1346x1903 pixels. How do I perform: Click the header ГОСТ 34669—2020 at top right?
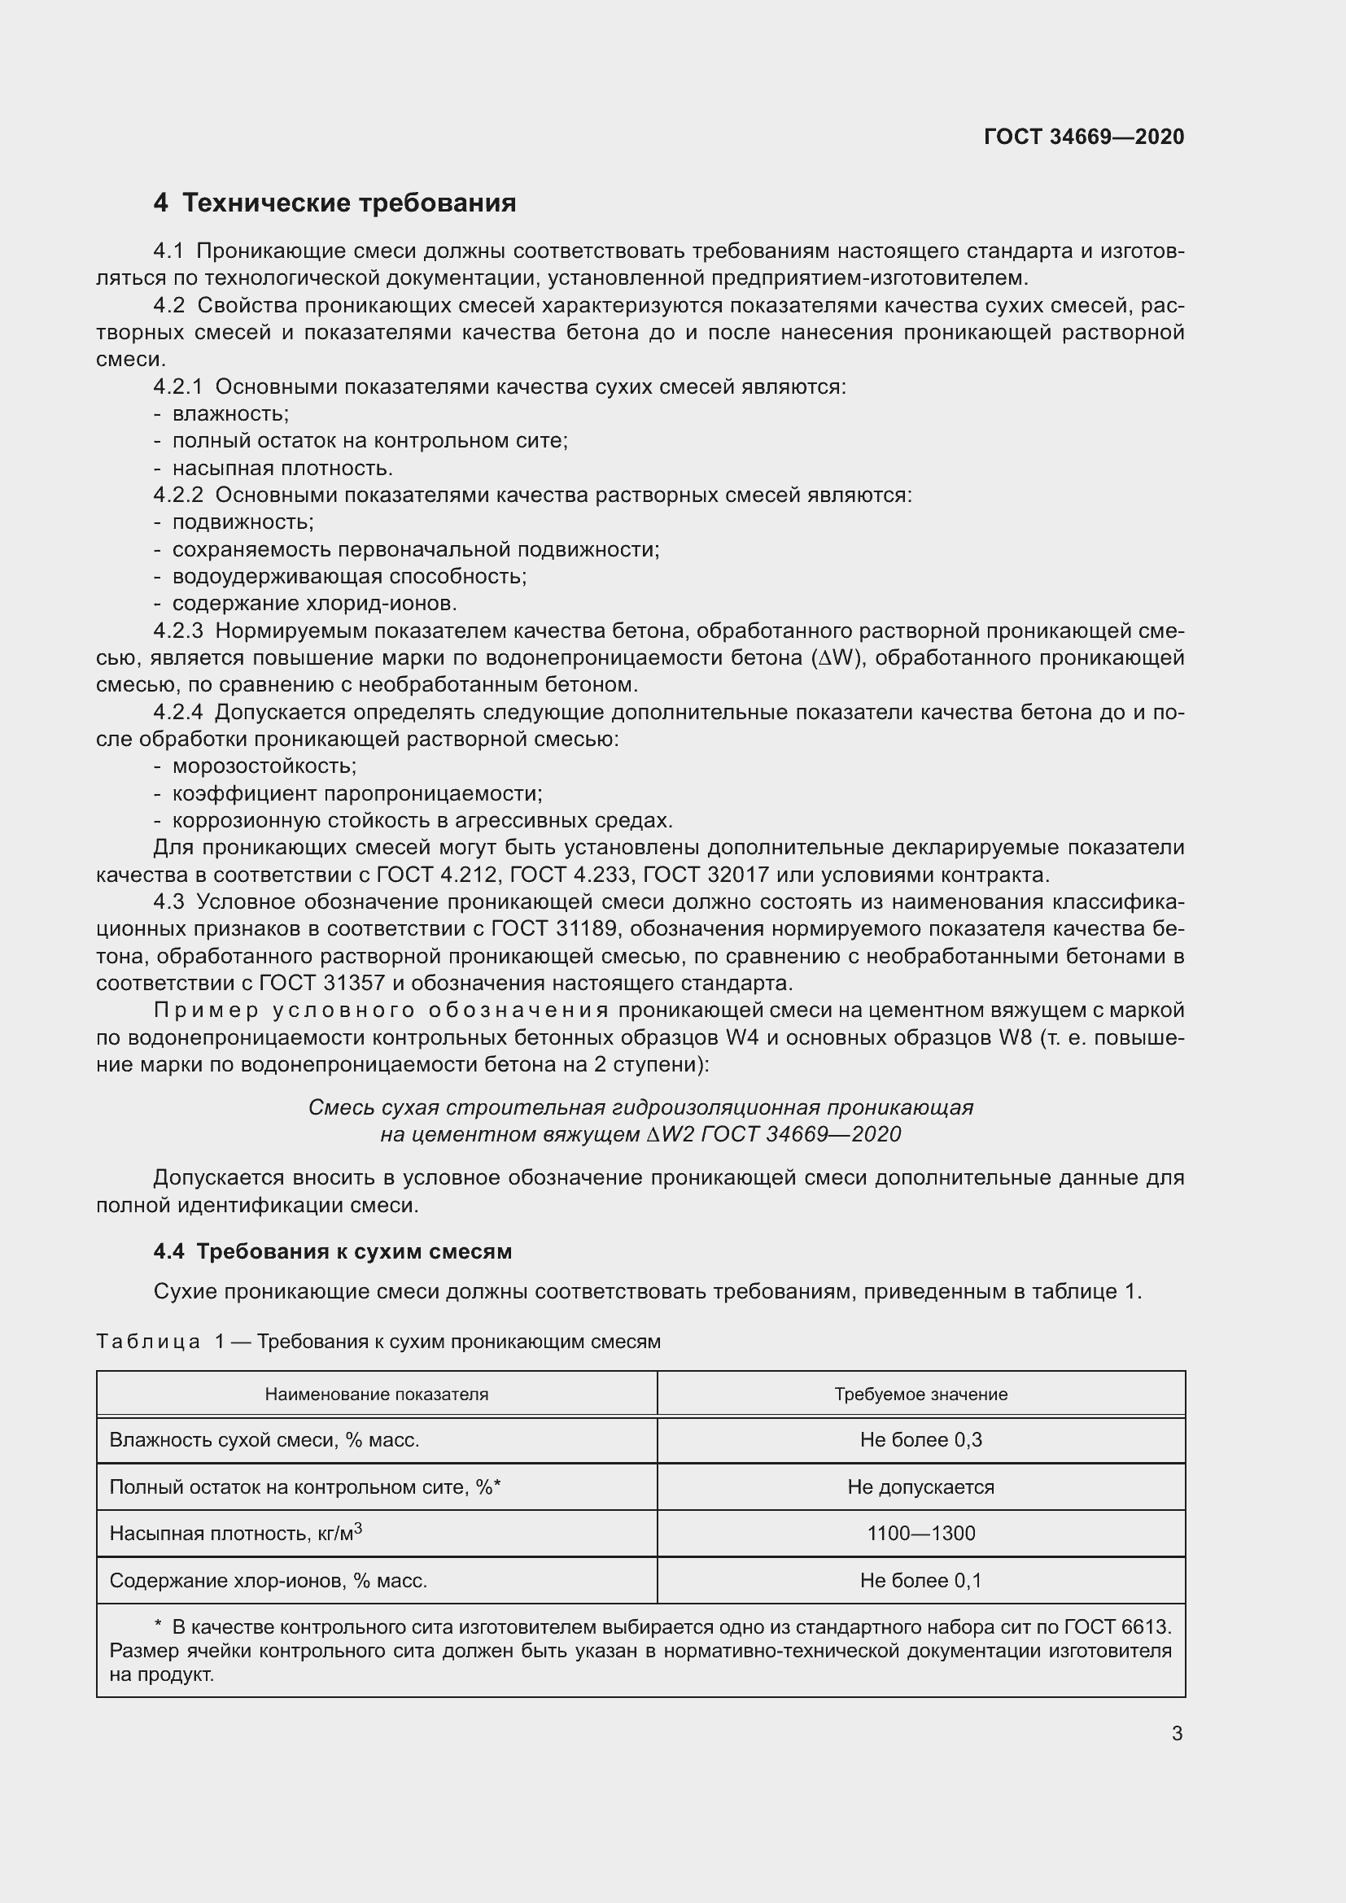[1083, 137]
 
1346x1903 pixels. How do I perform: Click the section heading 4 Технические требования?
[334, 203]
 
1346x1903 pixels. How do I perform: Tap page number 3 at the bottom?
[1176, 1733]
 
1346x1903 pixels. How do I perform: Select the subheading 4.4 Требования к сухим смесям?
[332, 1250]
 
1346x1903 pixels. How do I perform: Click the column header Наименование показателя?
[376, 1395]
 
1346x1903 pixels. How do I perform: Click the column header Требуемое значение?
[920, 1395]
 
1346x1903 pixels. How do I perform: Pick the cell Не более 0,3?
[920, 1440]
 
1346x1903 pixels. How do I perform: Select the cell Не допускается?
[920, 1487]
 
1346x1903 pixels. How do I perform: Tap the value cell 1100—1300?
[920, 1534]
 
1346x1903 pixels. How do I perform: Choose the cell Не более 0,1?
[920, 1581]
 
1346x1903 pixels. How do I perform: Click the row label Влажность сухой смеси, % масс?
[264, 1440]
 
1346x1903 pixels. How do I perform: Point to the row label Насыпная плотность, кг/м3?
[235, 1534]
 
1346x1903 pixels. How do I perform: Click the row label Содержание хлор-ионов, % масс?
[268, 1581]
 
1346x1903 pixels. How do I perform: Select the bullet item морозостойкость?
[264, 766]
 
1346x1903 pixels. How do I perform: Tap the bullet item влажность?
[229, 413]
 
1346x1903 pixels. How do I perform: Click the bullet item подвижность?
[242, 522]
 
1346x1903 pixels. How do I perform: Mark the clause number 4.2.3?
[177, 631]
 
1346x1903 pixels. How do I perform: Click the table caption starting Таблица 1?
[378, 1341]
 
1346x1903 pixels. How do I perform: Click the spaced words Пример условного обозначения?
[381, 1010]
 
